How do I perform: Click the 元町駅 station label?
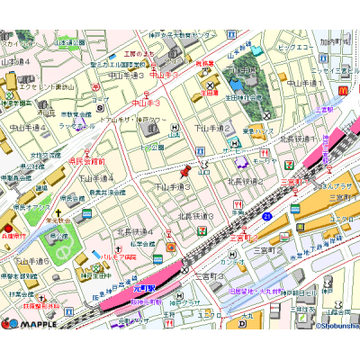coord(144,287)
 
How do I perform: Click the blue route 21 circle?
coord(267,216)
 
